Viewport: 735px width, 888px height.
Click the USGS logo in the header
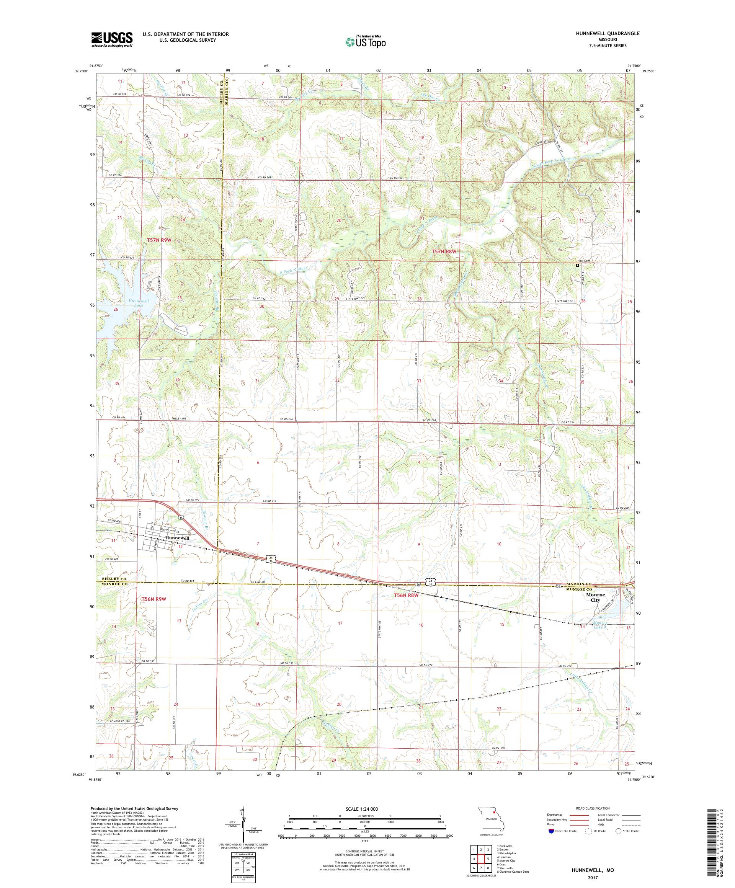112,40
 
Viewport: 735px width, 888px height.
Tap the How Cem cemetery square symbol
577,266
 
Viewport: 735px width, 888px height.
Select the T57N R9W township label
159,240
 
